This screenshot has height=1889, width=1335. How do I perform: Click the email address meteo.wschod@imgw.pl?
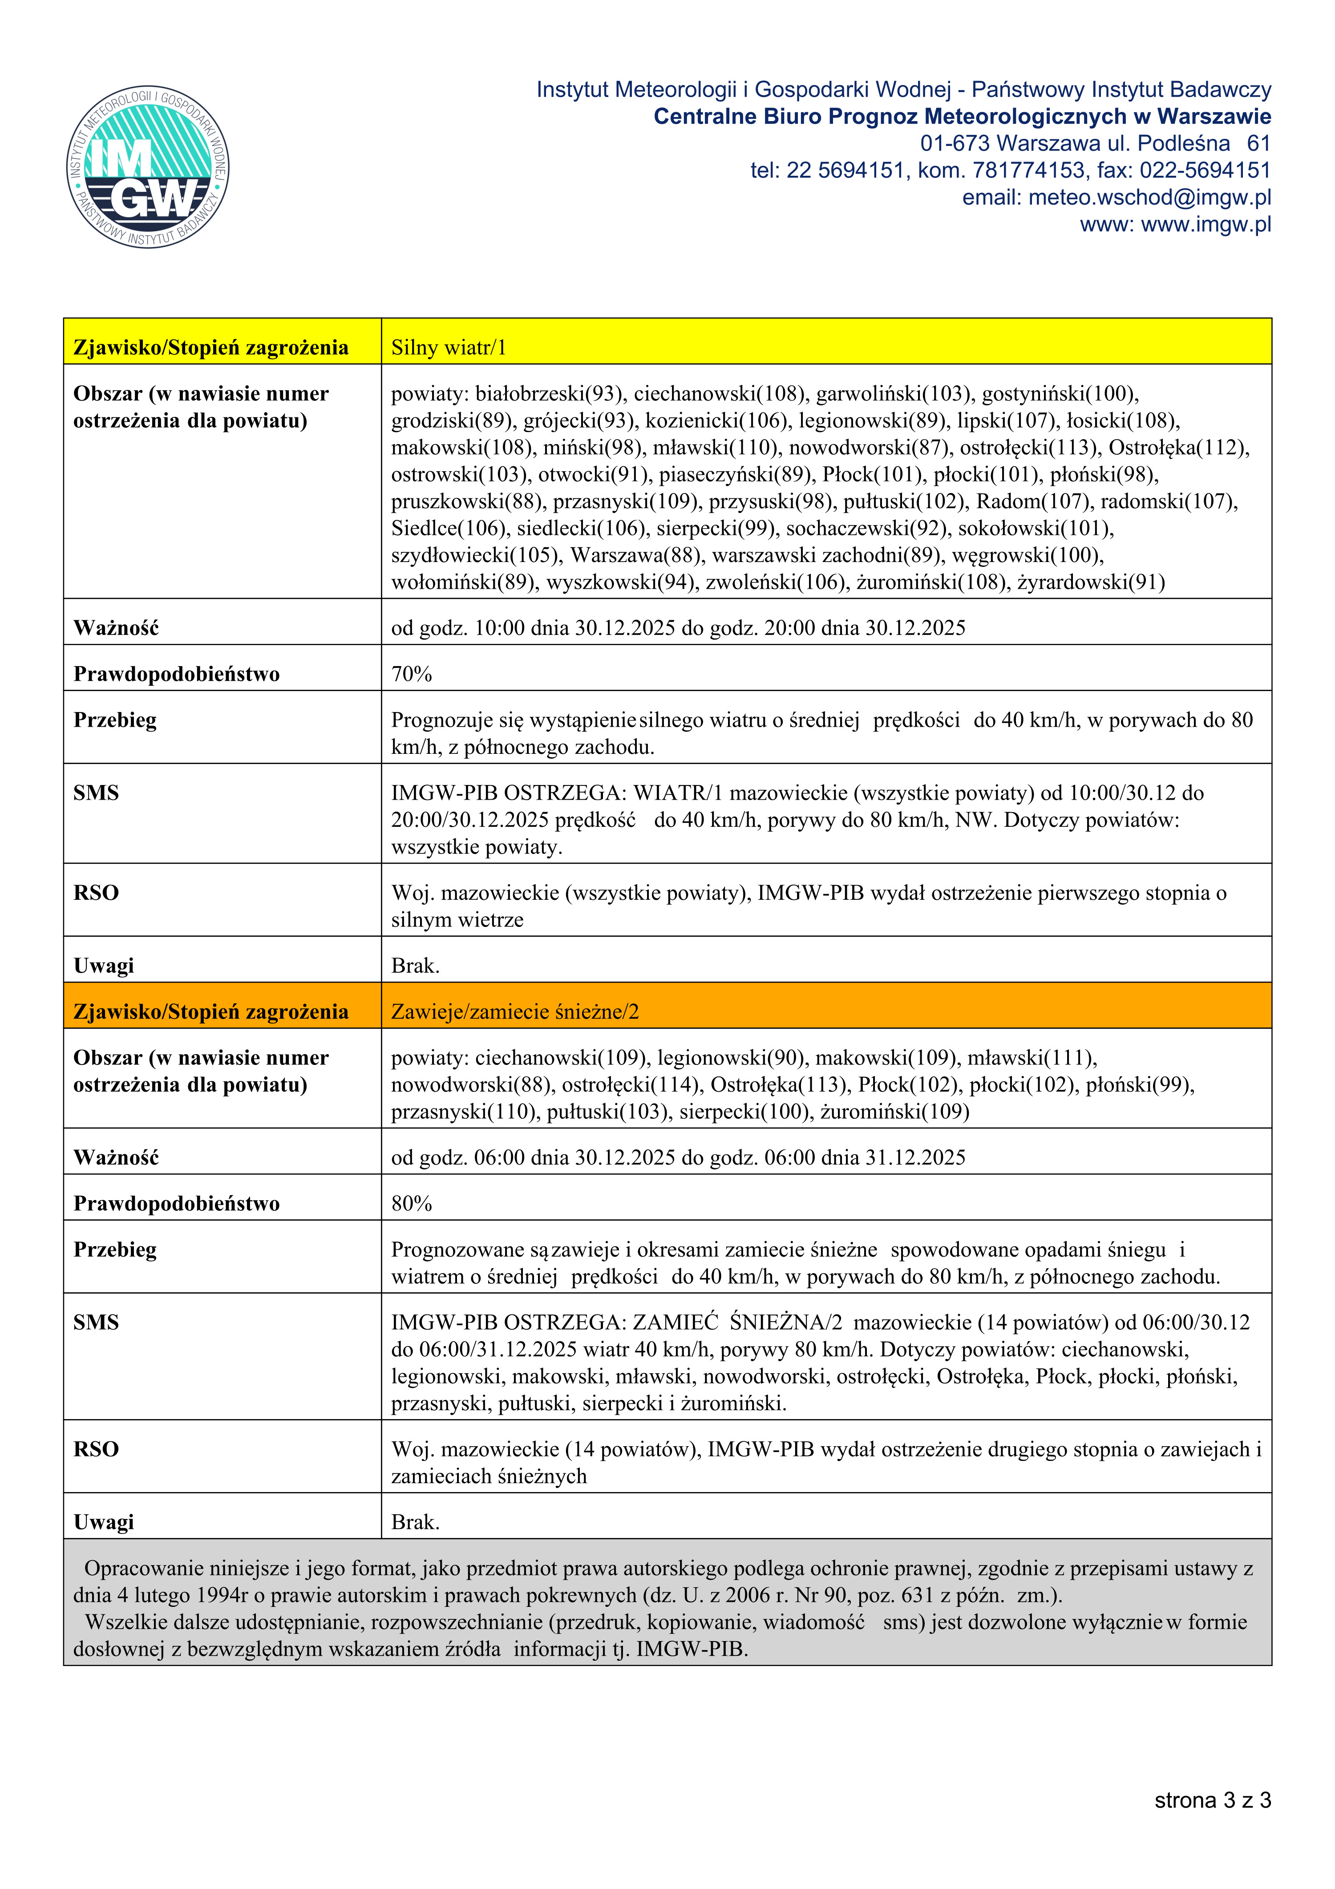(1149, 198)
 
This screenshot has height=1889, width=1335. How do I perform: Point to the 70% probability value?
(411, 674)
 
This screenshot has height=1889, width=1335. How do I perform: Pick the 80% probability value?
(411, 1204)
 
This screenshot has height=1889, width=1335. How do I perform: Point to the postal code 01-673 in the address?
(954, 143)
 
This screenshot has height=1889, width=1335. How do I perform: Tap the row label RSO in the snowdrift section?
(96, 1449)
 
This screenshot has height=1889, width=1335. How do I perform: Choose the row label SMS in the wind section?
(96, 792)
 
